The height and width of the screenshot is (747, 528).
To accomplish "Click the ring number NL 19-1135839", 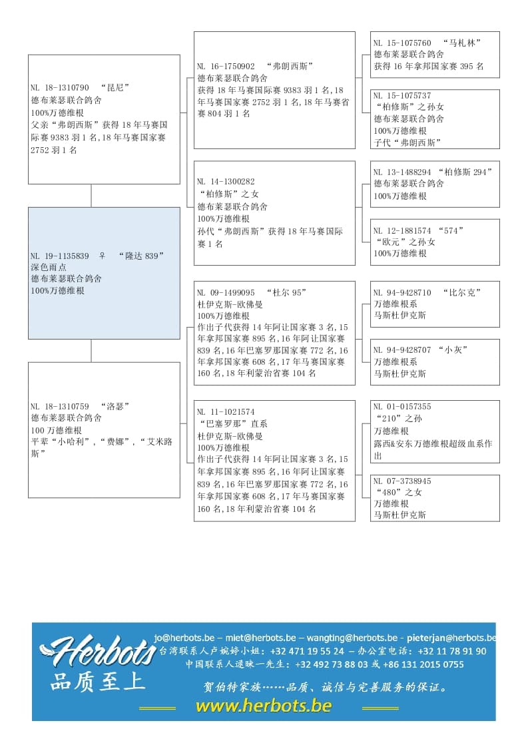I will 60,256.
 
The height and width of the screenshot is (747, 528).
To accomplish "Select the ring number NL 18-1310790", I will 60,88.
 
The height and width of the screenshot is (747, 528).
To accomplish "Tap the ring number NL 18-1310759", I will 60,406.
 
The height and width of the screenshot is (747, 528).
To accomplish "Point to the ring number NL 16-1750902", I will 226,67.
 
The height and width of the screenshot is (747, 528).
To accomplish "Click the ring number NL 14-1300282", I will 226,182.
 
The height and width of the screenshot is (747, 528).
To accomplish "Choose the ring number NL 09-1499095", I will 226,292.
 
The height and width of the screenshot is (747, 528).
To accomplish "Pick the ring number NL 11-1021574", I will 226,412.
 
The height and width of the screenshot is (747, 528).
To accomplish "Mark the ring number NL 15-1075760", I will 402,43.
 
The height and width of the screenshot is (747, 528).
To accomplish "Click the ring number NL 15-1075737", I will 402,96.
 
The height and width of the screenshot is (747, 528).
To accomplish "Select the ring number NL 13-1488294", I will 402,172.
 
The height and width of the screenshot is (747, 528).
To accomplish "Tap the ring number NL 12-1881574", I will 402,230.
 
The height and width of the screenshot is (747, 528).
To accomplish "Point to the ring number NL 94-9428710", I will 402,292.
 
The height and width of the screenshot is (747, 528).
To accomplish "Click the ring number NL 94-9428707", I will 402,350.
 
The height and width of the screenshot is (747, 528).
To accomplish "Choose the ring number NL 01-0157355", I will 402,407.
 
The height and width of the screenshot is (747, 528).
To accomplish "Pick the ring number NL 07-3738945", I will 402,481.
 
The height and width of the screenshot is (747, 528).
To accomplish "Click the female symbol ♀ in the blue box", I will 102,256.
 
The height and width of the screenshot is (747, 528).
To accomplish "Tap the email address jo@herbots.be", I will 184,637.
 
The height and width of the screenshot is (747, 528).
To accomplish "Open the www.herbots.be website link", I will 263,706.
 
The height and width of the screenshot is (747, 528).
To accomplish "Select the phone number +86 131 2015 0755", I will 427,664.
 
